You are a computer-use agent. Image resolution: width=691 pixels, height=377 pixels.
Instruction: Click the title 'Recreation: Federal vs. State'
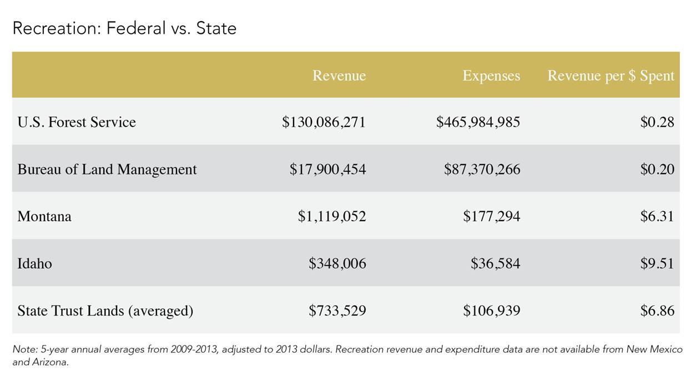tap(124, 28)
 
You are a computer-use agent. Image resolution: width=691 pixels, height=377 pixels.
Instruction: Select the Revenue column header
tap(339, 75)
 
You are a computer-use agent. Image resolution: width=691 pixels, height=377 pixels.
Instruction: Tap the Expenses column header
tap(491, 75)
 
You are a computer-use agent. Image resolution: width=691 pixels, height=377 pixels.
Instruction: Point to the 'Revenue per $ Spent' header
tap(611, 75)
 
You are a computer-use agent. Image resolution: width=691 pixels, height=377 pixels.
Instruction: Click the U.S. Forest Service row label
tap(77, 122)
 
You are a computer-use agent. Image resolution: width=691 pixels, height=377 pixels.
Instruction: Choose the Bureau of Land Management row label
tap(107, 169)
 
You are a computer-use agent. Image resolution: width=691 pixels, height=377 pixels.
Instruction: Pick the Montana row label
tap(44, 216)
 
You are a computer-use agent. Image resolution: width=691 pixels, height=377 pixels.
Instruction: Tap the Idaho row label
tap(34, 263)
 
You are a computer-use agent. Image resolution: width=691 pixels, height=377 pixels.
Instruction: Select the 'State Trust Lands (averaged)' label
tap(105, 310)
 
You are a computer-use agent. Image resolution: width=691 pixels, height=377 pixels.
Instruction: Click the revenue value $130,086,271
tap(324, 122)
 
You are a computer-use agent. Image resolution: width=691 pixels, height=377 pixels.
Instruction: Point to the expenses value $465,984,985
tap(478, 122)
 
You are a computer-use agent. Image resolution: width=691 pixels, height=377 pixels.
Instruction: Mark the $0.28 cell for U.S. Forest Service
tap(657, 122)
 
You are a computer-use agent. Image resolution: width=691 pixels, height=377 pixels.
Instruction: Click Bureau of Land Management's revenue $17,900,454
tap(327, 169)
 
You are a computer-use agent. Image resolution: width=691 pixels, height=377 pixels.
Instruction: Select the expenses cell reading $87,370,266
tap(482, 169)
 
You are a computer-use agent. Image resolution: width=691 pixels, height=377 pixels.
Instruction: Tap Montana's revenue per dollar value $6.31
tap(657, 216)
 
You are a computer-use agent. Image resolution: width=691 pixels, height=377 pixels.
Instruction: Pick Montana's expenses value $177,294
tap(491, 216)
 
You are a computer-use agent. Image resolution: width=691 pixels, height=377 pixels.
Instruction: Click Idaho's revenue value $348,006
tap(337, 263)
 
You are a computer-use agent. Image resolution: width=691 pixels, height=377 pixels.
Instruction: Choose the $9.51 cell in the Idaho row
tap(657, 263)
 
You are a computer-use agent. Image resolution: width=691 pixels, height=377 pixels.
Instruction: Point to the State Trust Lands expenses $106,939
tap(491, 310)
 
